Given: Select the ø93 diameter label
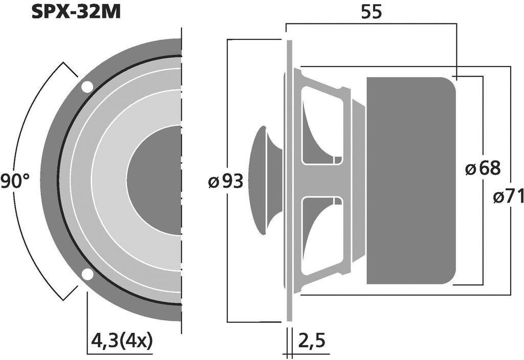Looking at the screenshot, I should tap(225, 181).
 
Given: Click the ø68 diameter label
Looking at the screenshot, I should tap(483, 168).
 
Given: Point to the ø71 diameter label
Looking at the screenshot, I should tap(508, 196).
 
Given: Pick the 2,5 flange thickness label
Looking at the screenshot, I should tap(312, 339).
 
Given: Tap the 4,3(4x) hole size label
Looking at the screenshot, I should tap(121, 340).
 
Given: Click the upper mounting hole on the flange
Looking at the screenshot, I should tap(87, 87).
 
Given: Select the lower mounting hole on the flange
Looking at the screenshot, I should tap(88, 275).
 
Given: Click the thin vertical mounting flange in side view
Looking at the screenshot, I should tap(289, 181).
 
